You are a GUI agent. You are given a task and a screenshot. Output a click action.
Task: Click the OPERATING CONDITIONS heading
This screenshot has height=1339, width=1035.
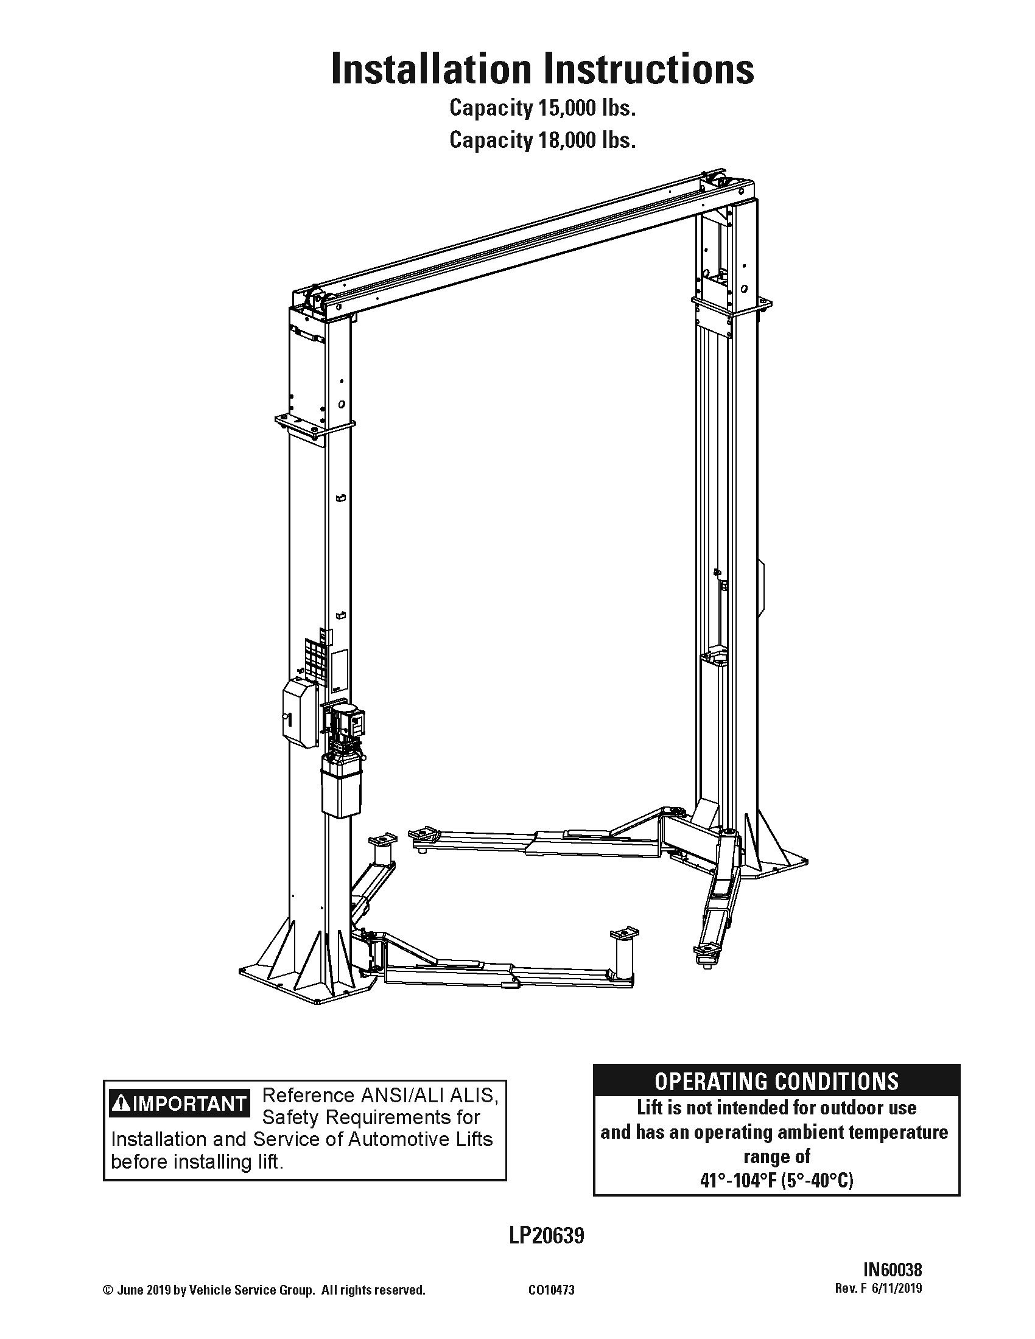click(776, 1081)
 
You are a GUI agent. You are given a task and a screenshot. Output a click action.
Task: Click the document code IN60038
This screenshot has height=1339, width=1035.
click(892, 1269)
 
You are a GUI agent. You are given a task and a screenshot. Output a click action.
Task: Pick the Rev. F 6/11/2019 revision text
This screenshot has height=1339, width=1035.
click(878, 1288)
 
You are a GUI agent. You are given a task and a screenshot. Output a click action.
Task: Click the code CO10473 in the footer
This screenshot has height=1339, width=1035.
click(551, 1290)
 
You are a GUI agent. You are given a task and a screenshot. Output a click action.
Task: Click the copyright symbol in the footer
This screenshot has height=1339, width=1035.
click(107, 1290)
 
